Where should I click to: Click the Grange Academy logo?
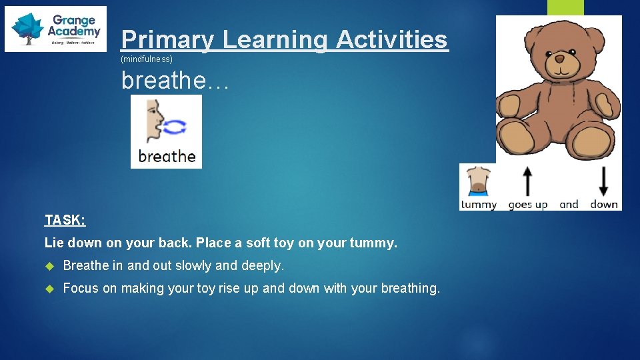55,29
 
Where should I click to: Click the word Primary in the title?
167,39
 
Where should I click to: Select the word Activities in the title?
391,39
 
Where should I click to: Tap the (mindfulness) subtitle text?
147,59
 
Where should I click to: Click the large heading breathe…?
175,81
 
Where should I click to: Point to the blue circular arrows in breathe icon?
175,127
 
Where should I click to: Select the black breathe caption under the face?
167,157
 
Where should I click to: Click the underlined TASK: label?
65,219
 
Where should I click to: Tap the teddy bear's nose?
559,59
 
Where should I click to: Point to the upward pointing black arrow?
527,181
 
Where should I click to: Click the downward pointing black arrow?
604,181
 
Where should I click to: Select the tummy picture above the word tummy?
479,181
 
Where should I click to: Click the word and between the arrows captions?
569,204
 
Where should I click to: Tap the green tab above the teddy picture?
565,7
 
